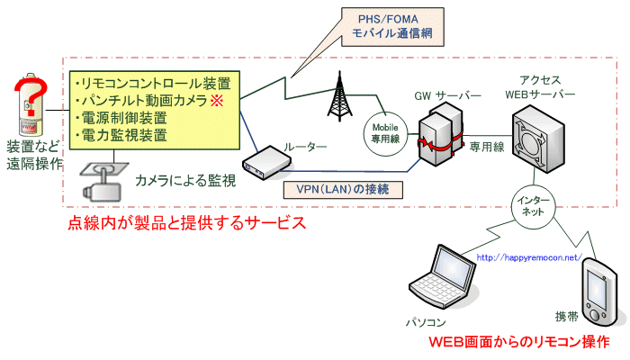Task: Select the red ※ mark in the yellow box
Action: pos(216,100)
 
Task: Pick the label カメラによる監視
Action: pos(185,181)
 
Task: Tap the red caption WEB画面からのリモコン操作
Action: pos(518,342)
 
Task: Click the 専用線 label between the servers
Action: pos(486,145)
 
